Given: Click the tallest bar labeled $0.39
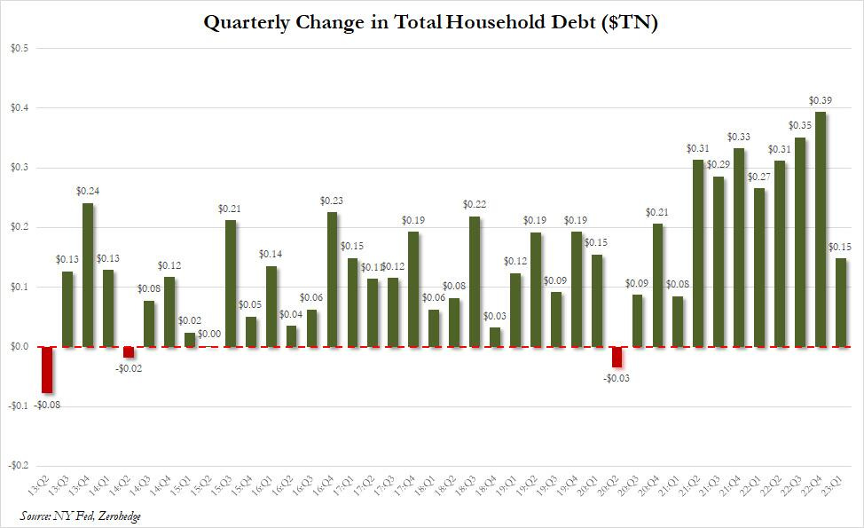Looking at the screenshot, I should pyautogui.click(x=821, y=229).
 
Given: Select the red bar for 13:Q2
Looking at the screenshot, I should pyautogui.click(x=47, y=369).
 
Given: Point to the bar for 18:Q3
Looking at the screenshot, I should pyautogui.click(x=475, y=281).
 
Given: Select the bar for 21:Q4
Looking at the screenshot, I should pyautogui.click(x=739, y=248).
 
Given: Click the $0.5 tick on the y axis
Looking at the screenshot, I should pyautogui.click(x=20, y=48).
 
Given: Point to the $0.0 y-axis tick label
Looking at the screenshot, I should pyautogui.click(x=20, y=347).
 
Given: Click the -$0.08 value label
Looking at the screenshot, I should pyautogui.click(x=48, y=406).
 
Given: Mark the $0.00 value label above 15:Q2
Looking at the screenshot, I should pyautogui.click(x=210, y=334).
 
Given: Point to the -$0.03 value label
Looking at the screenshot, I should pyautogui.click(x=617, y=379).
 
